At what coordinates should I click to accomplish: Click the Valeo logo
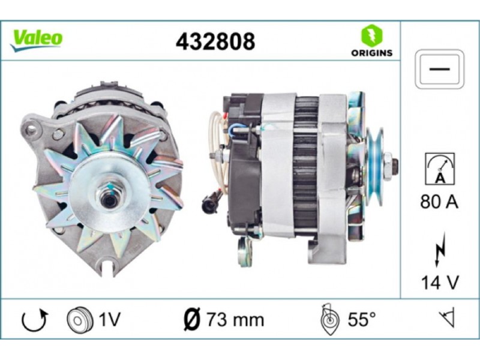tap(37, 40)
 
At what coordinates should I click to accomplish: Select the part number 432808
tap(215, 41)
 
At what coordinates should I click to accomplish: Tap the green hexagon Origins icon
tap(371, 35)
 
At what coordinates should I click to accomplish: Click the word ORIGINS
tap(371, 53)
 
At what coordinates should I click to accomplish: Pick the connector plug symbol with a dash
tap(439, 69)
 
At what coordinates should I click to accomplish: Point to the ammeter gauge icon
tap(440, 169)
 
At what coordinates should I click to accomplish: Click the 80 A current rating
tap(439, 202)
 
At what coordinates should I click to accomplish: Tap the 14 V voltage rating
tap(440, 282)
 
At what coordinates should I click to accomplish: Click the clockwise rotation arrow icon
tap(34, 320)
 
